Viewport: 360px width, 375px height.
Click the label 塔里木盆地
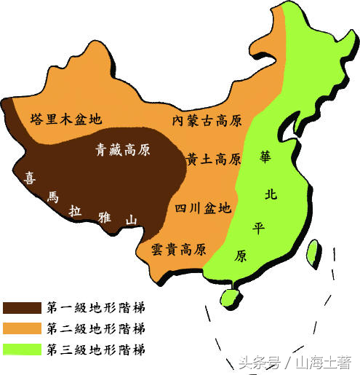[65, 119]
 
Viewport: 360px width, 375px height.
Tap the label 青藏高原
[124, 150]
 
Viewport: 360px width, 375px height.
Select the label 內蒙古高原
[207, 120]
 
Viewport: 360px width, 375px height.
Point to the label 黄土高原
[213, 159]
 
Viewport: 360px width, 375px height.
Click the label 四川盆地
[203, 208]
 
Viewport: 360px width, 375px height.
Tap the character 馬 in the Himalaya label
[52, 196]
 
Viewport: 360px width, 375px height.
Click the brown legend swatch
[22, 307]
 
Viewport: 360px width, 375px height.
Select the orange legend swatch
[22, 328]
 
